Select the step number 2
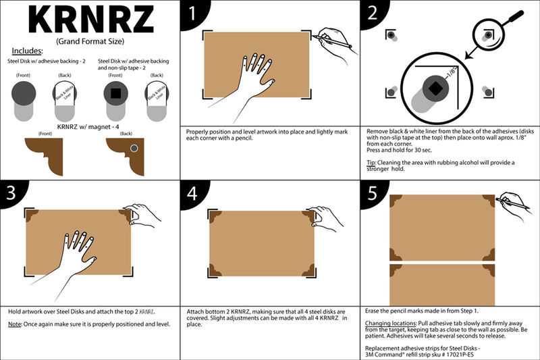point(372,13)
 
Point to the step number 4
point(192,194)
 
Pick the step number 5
point(372,194)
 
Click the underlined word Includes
point(28,51)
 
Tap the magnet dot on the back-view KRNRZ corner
point(134,148)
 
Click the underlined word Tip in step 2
point(371,162)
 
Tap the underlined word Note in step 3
point(15,324)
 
